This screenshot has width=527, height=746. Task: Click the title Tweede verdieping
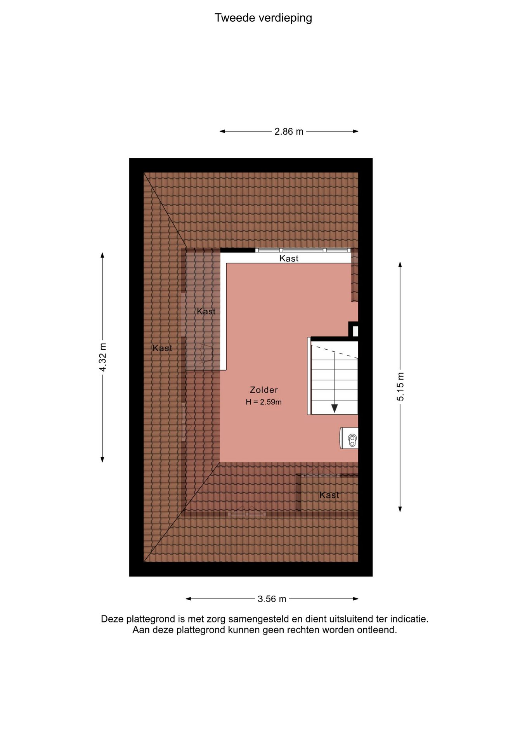[263, 18]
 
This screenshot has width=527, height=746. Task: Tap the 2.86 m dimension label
[289, 132]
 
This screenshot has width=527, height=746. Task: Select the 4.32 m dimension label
[103, 357]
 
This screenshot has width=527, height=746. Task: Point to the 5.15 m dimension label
[400, 387]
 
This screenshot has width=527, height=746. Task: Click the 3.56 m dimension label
[272, 599]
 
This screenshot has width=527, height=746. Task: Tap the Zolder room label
[264, 390]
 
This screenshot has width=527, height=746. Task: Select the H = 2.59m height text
[263, 402]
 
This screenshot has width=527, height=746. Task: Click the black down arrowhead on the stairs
[335, 408]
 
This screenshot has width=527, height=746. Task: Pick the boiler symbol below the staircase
[349, 438]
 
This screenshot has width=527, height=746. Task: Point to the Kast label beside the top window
[289, 258]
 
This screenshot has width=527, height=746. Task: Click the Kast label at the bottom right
[329, 495]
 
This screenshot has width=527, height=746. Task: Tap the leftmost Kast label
[162, 348]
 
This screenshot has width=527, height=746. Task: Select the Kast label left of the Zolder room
[206, 311]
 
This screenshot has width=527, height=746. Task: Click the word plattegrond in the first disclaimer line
[150, 619]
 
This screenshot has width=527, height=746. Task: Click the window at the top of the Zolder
[303, 250]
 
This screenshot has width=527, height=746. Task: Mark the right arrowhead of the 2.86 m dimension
[355, 131]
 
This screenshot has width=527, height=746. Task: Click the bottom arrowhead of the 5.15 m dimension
[400, 509]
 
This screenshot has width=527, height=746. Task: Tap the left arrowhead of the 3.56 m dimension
[189, 599]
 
